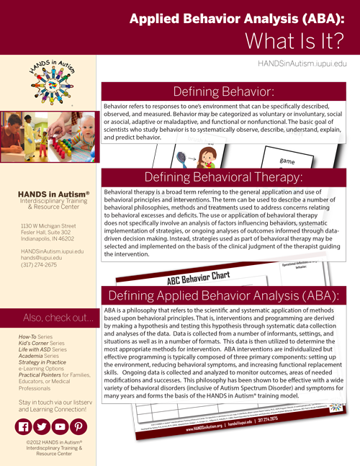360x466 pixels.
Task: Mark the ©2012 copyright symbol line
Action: [50, 442]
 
